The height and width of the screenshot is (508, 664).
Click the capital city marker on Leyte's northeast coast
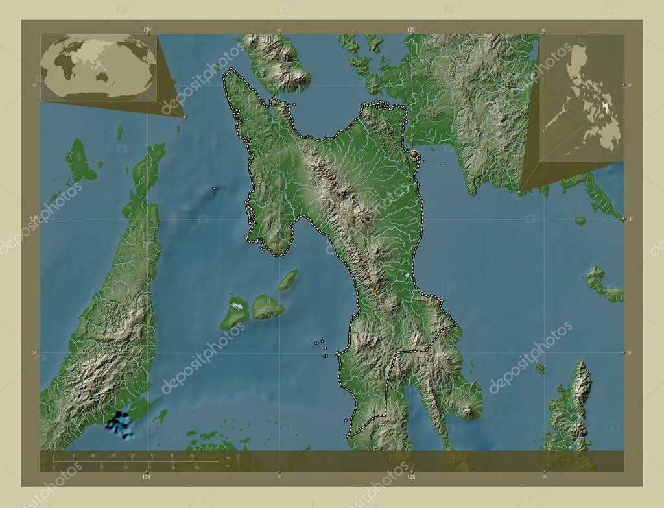(x=414, y=154)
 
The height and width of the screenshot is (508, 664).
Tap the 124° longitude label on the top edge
(x=148, y=30)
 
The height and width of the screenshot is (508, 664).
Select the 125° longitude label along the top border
(x=411, y=30)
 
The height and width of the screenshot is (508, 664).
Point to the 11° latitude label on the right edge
(x=628, y=219)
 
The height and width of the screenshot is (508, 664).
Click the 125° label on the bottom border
(x=411, y=477)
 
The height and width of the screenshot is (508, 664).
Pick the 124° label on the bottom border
(x=147, y=477)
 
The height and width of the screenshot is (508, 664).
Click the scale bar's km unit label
(x=228, y=458)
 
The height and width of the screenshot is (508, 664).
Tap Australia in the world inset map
(x=102, y=77)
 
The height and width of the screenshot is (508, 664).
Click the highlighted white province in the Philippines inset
(x=607, y=104)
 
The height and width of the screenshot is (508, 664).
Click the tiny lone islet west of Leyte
(x=213, y=189)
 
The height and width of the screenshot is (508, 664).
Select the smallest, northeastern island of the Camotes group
(x=289, y=280)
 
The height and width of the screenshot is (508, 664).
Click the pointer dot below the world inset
(x=185, y=117)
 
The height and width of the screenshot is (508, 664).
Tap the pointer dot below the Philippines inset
(x=520, y=193)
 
